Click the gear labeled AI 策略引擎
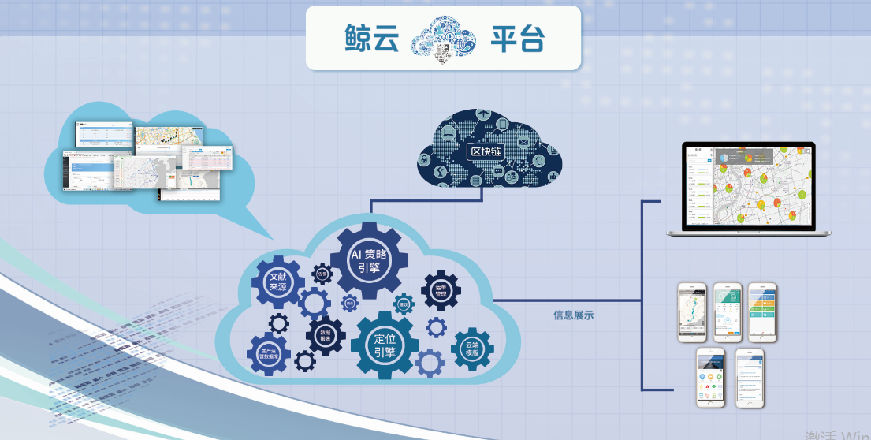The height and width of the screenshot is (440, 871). (370, 260)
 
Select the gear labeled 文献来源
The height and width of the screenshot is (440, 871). (277, 282)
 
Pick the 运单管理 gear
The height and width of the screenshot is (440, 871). (441, 291)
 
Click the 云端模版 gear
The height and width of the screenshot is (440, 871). (472, 349)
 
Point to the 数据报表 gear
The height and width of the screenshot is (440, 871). (325, 336)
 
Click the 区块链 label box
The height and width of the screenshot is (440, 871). (486, 151)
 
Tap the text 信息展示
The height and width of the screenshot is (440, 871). (573, 315)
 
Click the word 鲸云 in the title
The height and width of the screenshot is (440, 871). (373, 38)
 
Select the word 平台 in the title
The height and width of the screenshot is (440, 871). (518, 38)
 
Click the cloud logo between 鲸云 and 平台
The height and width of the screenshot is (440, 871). (445, 39)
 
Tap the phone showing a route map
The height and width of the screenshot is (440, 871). (694, 311)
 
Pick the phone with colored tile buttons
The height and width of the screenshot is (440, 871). (762, 311)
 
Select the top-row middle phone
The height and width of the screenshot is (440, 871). (728, 311)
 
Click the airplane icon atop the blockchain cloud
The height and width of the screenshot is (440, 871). (482, 116)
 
